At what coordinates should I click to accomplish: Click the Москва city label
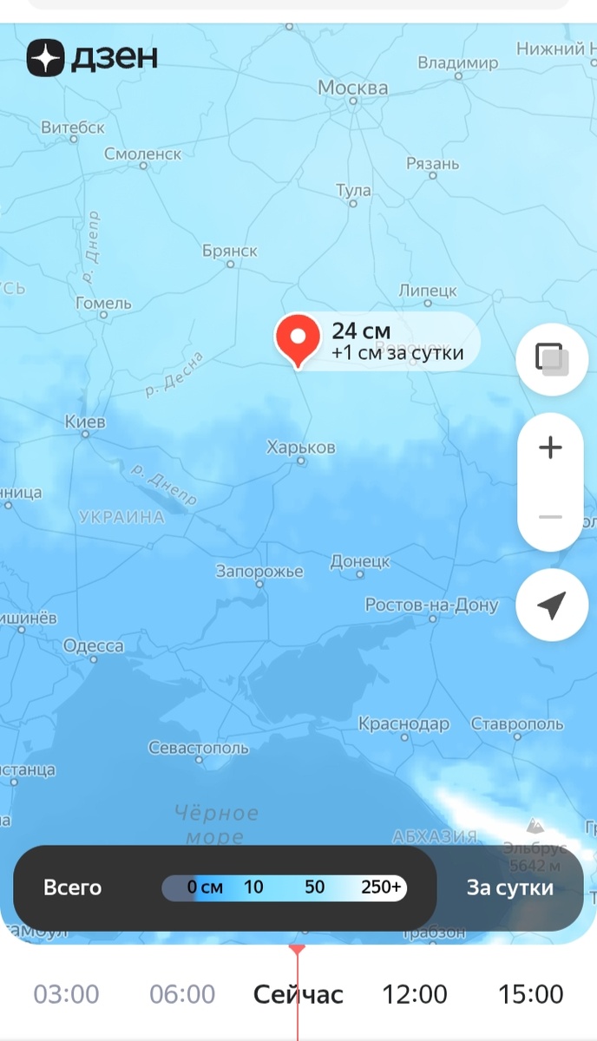[x=352, y=88]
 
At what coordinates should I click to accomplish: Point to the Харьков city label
[x=300, y=448]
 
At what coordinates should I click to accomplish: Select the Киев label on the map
[x=85, y=422]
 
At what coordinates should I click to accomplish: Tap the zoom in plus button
[x=550, y=448]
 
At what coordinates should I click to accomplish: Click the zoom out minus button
[x=550, y=517]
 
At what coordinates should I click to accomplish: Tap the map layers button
[x=552, y=358]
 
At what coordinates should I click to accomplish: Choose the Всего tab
[x=73, y=887]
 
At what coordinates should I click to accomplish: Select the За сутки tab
[x=509, y=887]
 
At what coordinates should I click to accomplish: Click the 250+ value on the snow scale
[x=381, y=887]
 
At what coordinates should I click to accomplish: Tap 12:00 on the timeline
[x=415, y=994]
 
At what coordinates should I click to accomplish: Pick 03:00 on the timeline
[x=66, y=994]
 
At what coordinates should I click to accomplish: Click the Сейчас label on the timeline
[x=298, y=994]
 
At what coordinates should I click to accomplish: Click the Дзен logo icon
[x=44, y=57]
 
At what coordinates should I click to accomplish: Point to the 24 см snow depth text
[x=361, y=331]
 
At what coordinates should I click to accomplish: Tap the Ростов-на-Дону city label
[x=431, y=605]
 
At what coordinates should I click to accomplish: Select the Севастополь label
[x=198, y=748]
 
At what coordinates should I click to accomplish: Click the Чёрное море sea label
[x=216, y=824]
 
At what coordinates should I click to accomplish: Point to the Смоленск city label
[x=142, y=154]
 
